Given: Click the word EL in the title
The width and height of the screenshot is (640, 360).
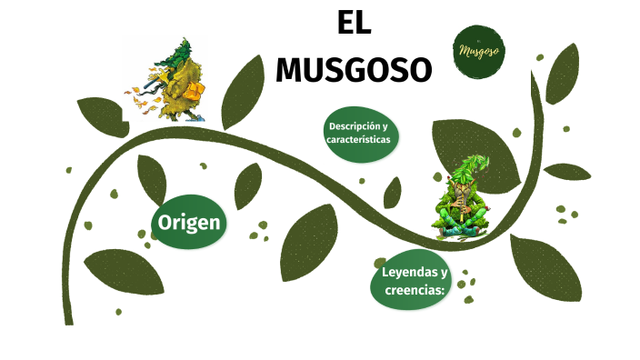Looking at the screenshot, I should [x=354, y=25].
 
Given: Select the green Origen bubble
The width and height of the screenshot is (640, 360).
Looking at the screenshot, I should [x=189, y=223].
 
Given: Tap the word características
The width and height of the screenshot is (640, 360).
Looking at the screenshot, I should [x=358, y=142].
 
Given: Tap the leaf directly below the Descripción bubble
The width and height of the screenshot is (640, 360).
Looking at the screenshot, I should [x=392, y=193].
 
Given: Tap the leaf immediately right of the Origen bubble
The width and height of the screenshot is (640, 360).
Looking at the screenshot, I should [x=247, y=185].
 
